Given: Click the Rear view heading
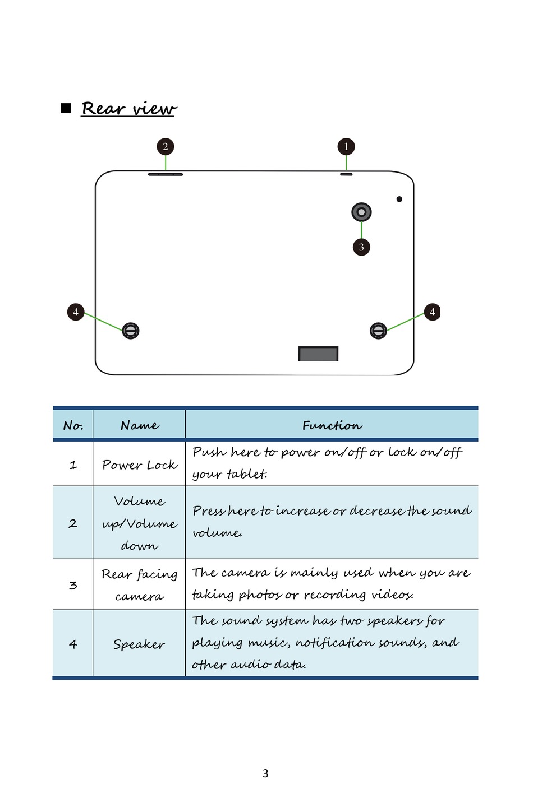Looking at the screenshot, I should (x=128, y=108).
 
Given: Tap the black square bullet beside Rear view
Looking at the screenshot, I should (x=66, y=108).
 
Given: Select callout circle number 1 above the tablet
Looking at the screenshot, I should (x=346, y=147).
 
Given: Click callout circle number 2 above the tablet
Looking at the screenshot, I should (x=166, y=147).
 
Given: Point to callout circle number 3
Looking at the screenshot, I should (x=361, y=247).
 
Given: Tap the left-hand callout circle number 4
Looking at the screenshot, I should (x=76, y=312).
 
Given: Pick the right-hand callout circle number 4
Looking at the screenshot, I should (x=432, y=312).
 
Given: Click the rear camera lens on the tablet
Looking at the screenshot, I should (x=361, y=212).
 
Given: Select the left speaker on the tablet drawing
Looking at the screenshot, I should (x=131, y=331).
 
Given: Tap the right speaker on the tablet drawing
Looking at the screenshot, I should (x=379, y=331).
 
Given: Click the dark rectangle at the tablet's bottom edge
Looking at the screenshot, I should (x=318, y=354).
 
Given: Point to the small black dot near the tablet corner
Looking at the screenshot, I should (x=399, y=199).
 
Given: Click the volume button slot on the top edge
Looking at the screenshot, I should (x=166, y=174).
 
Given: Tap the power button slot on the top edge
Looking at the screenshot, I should (x=346, y=174).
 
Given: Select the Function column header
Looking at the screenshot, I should (x=332, y=426).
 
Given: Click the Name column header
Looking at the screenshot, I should (x=139, y=426).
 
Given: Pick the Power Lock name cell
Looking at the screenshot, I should (x=139, y=465).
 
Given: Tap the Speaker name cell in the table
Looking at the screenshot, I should (x=139, y=644).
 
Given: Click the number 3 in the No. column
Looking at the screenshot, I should (x=73, y=585).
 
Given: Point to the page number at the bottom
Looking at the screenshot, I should (x=265, y=773).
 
